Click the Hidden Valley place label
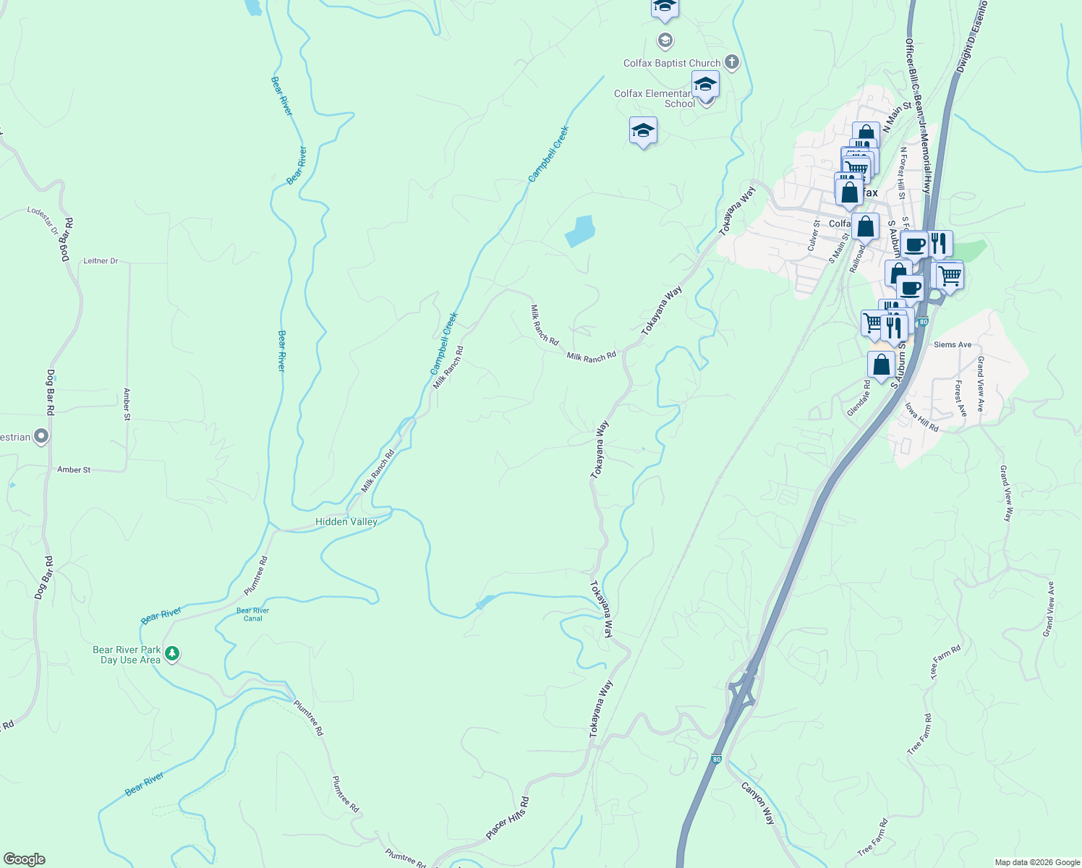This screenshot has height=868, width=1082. (x=346, y=522)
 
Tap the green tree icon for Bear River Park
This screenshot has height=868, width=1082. (x=171, y=654)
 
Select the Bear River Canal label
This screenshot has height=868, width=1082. (x=252, y=614)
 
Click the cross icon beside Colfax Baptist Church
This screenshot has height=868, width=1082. (x=731, y=62)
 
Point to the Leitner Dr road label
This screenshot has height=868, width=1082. (x=101, y=260)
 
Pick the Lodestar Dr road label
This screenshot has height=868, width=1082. (x=43, y=220)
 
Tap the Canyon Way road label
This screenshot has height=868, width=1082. (x=758, y=802)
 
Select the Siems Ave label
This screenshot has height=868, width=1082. (x=952, y=344)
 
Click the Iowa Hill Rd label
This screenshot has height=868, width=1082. (x=921, y=417)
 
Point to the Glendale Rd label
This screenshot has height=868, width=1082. (x=859, y=399)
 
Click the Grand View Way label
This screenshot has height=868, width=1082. (x=1006, y=493)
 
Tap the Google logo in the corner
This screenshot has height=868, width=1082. (x=24, y=859)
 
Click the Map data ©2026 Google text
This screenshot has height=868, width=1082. (x=1036, y=862)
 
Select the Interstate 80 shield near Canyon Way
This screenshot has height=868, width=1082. (x=716, y=759)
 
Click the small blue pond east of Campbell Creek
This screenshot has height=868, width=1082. (x=579, y=231)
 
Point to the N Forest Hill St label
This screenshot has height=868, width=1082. (x=902, y=173)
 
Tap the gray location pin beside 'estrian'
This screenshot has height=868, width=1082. (x=41, y=436)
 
